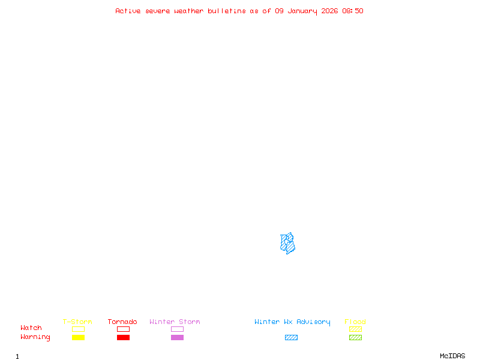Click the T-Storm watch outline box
[x=78, y=329]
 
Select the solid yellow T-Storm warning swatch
[x=78, y=337]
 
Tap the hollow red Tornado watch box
[x=123, y=329]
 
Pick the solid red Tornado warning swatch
[x=123, y=337]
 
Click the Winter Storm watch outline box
[x=177, y=329]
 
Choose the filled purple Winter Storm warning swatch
[x=177, y=337]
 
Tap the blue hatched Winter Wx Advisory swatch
[x=291, y=337]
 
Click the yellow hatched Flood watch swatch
[x=355, y=329]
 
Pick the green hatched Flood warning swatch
[x=355, y=337]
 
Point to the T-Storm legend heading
[x=77, y=322]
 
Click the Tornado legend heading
[x=122, y=322]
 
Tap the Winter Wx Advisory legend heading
[x=292, y=322]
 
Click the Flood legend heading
[x=355, y=322]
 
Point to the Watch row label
[x=31, y=328]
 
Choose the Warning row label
[x=35, y=337]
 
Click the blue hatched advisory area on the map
[x=288, y=244]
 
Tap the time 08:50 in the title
[x=353, y=11]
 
